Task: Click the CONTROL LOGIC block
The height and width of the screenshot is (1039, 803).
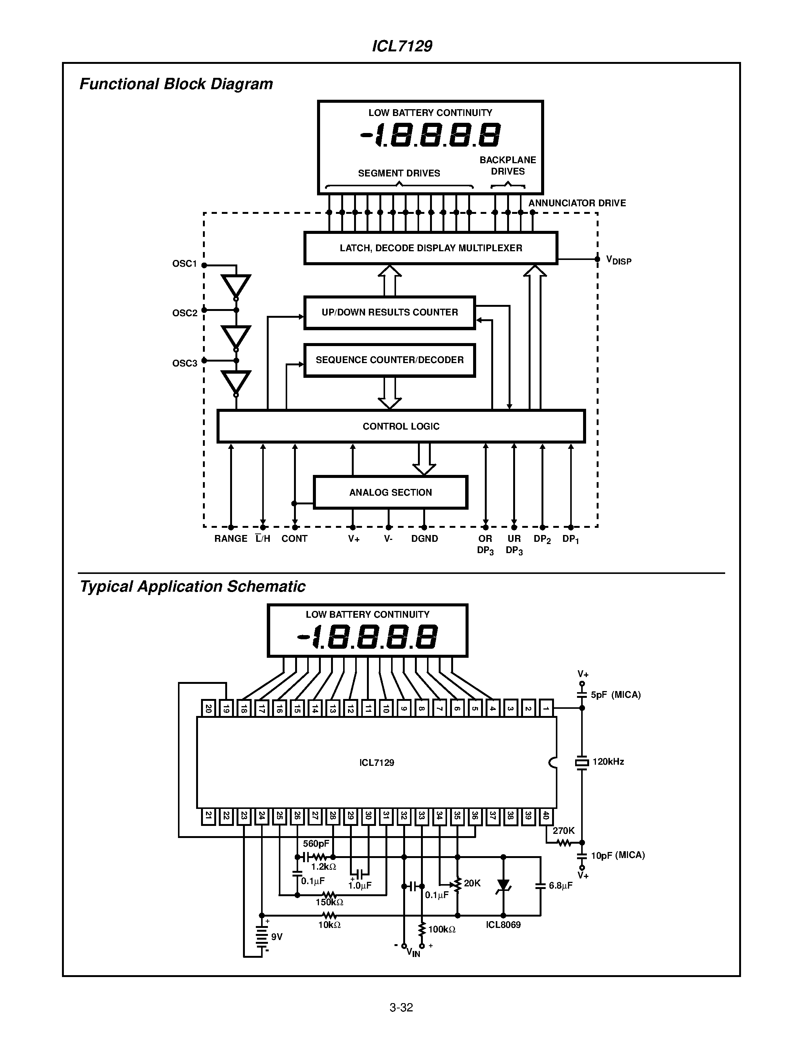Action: click(x=401, y=426)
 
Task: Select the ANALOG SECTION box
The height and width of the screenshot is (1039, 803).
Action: click(x=390, y=492)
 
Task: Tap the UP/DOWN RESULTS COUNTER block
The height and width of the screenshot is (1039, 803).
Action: click(x=389, y=312)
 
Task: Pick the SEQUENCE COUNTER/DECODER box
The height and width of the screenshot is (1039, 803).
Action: click(x=389, y=360)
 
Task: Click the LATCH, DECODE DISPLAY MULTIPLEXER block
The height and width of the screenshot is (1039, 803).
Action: click(x=430, y=248)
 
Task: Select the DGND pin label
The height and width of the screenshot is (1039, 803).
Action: click(x=424, y=538)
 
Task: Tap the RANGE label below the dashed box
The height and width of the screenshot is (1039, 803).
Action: click(x=231, y=538)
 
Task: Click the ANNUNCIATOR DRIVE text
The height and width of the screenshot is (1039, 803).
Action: click(x=577, y=203)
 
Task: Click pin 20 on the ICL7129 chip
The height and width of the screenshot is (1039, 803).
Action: click(x=208, y=708)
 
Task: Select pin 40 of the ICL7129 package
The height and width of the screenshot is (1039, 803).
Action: click(x=546, y=816)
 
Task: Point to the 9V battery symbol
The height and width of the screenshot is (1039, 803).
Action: click(x=261, y=936)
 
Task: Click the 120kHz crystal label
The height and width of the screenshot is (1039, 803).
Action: click(x=608, y=762)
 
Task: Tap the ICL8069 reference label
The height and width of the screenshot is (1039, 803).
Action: click(x=503, y=925)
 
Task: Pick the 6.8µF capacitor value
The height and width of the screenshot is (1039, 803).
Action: click(x=560, y=885)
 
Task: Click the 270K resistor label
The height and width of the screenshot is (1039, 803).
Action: click(x=563, y=830)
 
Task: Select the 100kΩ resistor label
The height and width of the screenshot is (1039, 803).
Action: click(x=441, y=929)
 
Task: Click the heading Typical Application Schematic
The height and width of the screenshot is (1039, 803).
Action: click(x=192, y=586)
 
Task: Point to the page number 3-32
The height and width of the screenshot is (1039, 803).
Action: click(x=401, y=1007)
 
